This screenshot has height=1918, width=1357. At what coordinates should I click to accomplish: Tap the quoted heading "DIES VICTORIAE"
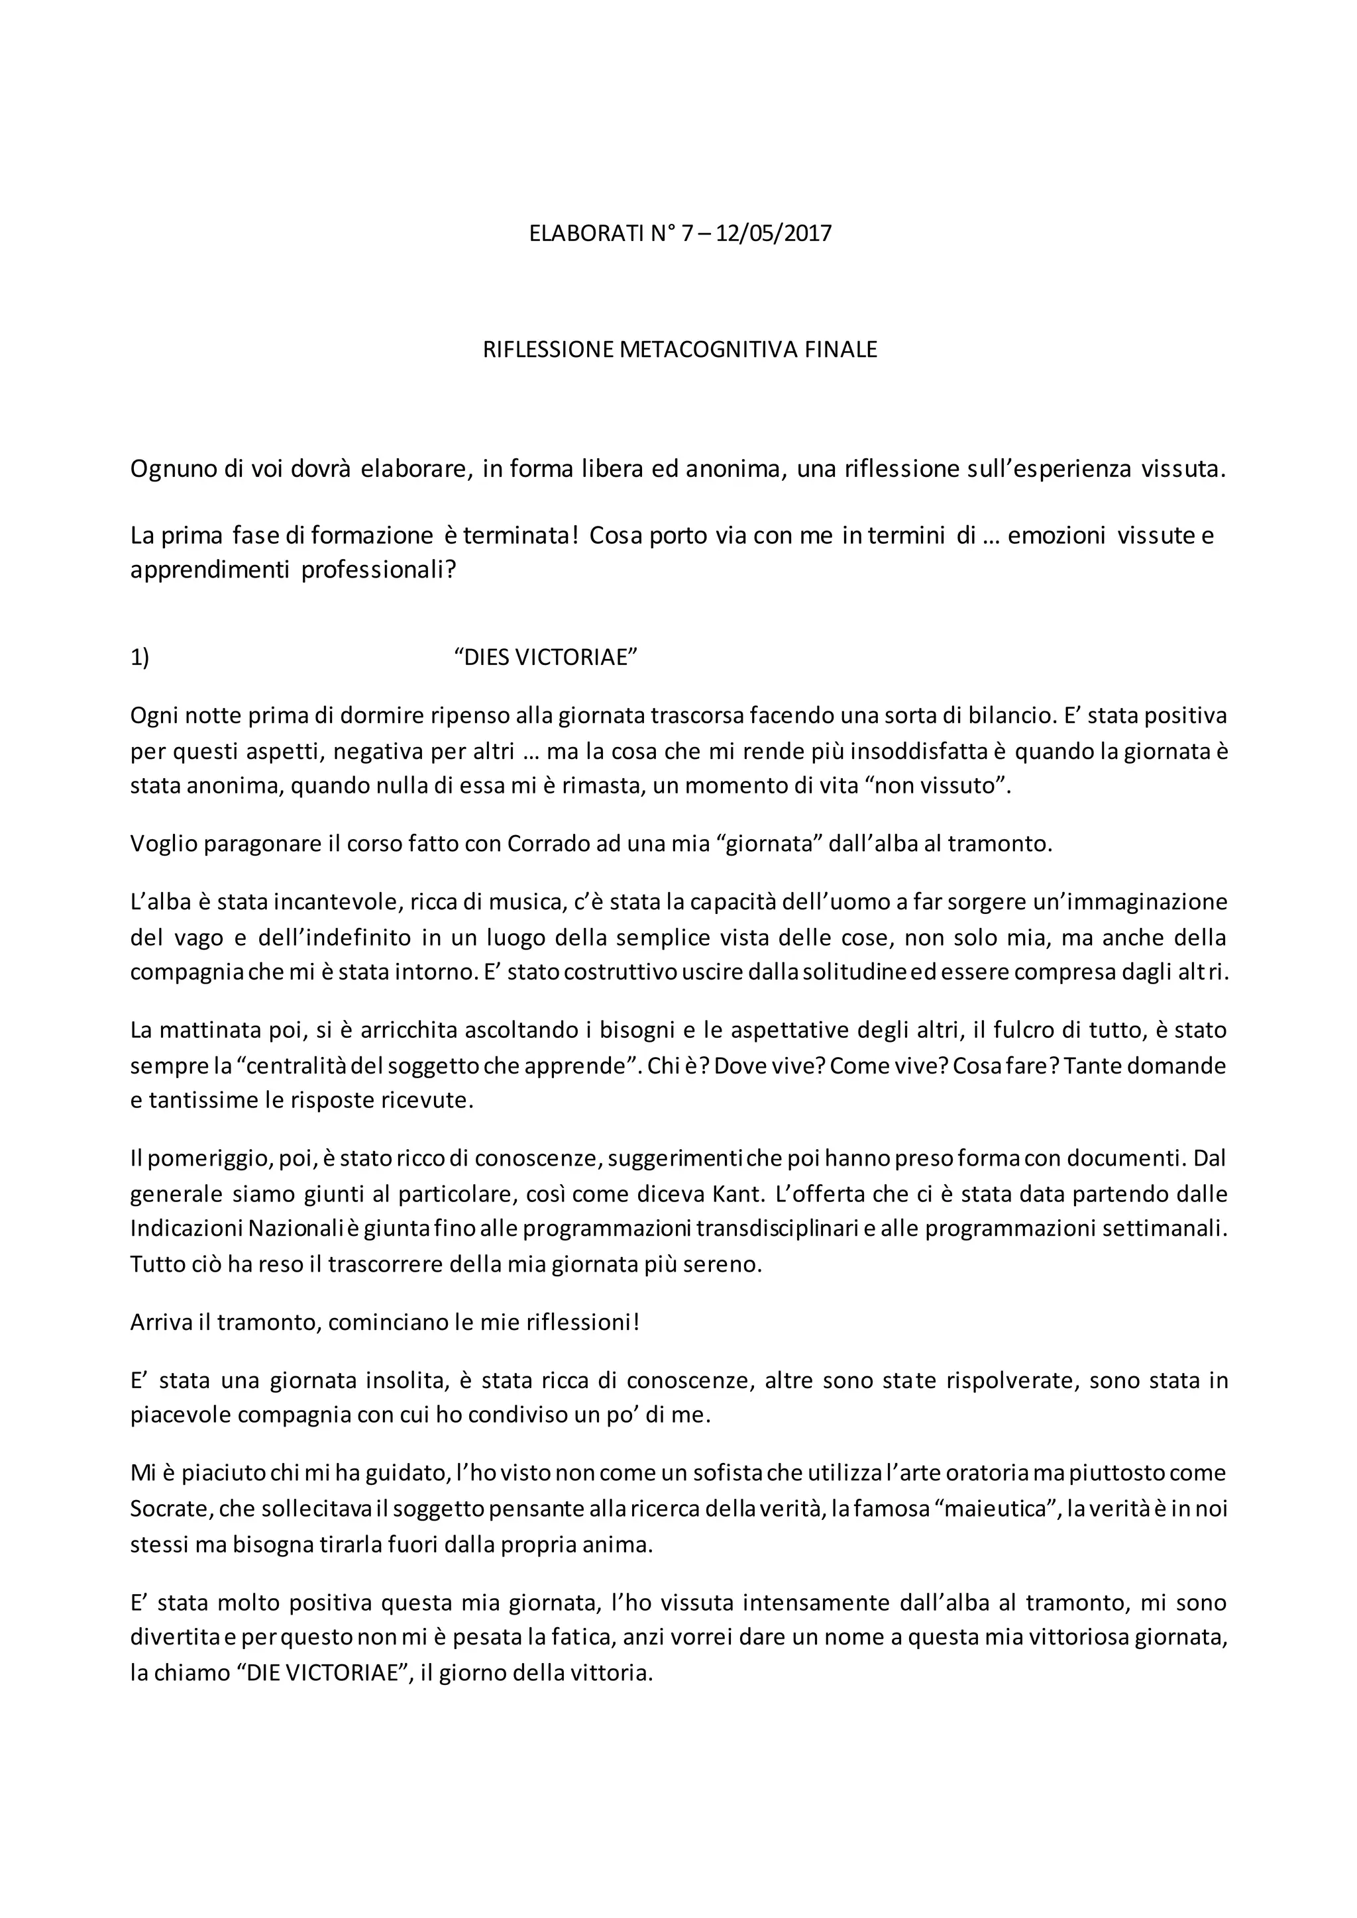pos(545,658)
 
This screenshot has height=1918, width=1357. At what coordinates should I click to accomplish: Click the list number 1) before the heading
pos(140,658)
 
